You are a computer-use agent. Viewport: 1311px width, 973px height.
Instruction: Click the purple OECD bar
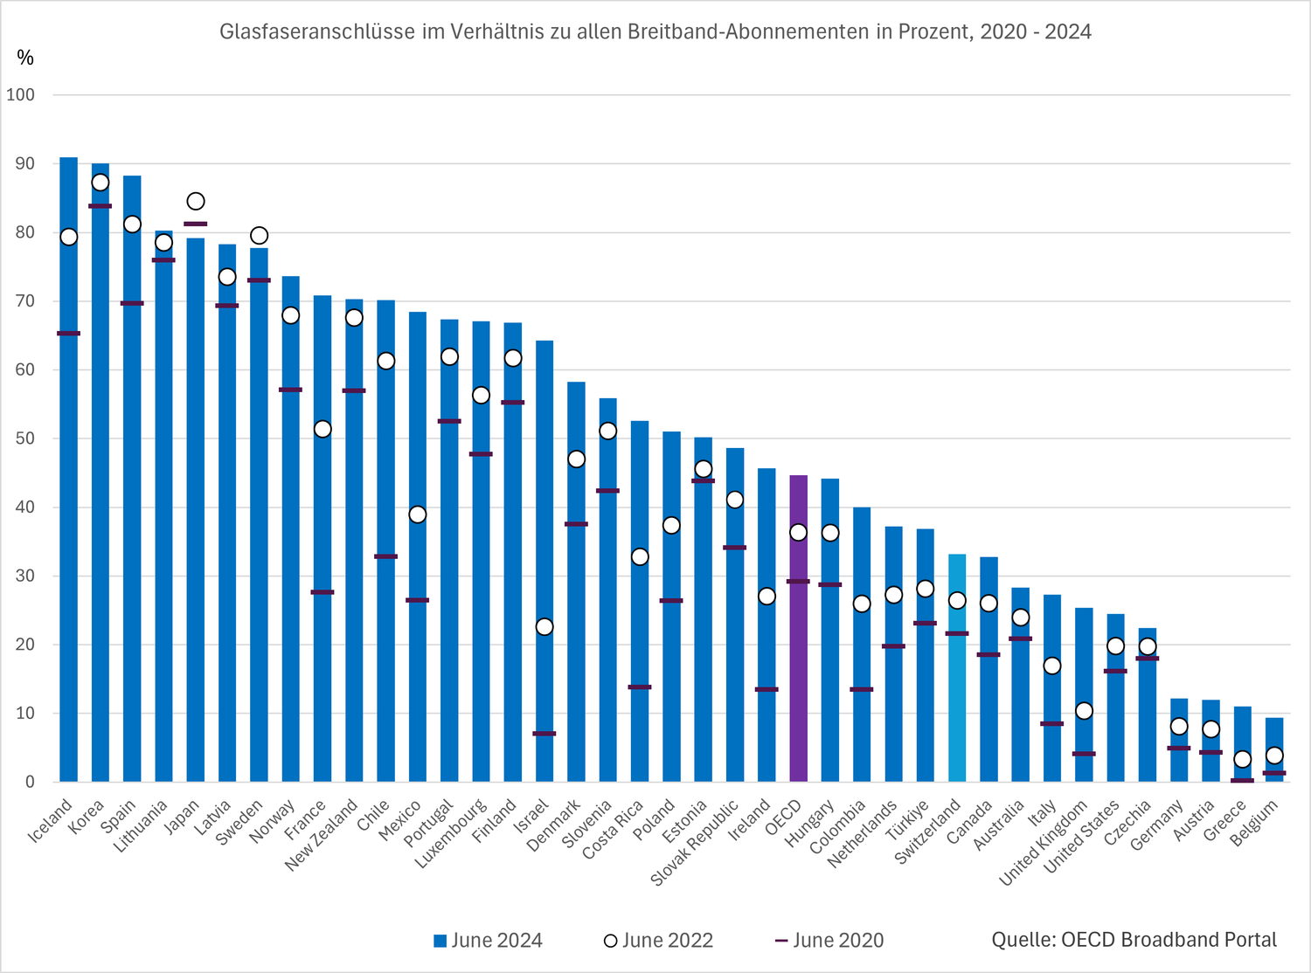798,629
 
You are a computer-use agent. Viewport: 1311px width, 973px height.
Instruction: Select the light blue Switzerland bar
957,668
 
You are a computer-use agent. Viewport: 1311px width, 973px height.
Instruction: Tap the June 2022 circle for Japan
196,202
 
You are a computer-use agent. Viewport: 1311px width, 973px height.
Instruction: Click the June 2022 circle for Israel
545,627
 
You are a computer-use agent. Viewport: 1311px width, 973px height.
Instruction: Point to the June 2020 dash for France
323,592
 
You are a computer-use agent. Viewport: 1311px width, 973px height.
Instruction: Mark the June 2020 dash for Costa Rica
640,687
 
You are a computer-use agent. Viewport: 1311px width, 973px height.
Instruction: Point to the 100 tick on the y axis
21,95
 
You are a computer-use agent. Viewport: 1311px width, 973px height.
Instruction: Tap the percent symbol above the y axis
25,59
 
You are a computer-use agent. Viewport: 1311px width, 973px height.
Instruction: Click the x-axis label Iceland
51,822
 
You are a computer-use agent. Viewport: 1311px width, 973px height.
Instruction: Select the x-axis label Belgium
1254,824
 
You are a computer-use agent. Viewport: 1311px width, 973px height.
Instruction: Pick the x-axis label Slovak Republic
696,843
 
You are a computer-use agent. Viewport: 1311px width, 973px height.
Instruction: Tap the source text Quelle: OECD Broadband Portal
1134,940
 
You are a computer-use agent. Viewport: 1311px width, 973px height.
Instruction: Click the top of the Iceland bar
68,159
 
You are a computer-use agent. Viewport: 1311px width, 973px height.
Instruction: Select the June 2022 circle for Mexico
418,514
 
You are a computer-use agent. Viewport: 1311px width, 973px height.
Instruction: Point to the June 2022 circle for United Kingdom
1084,711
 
